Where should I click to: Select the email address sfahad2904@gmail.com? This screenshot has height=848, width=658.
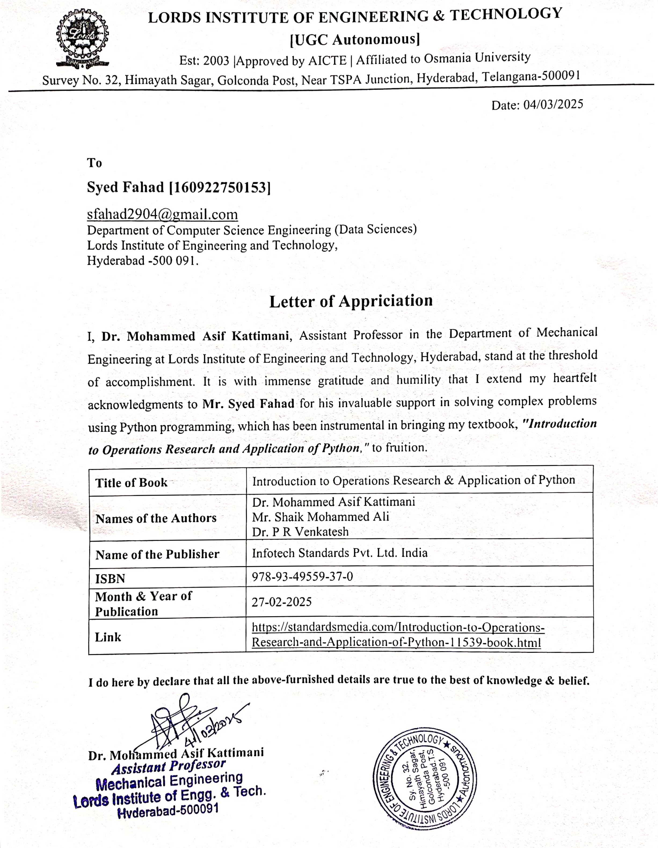(162, 214)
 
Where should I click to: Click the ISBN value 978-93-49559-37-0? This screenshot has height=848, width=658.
(302, 577)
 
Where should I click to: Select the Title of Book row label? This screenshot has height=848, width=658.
(131, 483)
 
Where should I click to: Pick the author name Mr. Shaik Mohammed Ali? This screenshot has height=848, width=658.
(321, 517)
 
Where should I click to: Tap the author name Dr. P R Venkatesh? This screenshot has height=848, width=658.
(300, 532)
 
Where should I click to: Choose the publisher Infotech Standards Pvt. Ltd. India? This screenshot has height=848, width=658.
(340, 553)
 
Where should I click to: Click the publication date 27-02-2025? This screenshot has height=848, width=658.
(282, 602)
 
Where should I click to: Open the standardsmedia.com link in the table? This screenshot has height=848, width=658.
(397, 634)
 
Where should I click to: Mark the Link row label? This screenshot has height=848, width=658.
(108, 637)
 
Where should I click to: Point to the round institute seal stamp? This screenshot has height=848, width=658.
(424, 780)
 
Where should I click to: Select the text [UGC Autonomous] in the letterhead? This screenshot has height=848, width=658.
(355, 39)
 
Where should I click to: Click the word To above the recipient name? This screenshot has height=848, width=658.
(94, 163)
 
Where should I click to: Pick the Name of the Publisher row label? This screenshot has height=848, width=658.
(157, 554)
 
